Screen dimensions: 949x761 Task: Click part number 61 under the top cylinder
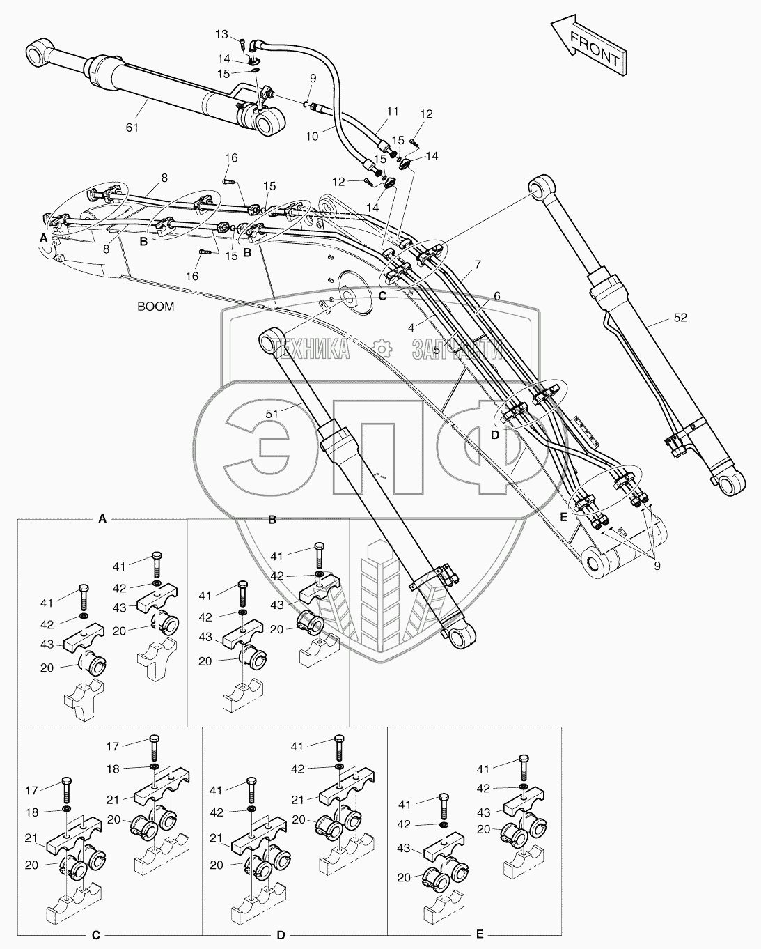pyautogui.click(x=132, y=127)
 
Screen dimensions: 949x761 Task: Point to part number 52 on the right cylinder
pyautogui.click(x=680, y=318)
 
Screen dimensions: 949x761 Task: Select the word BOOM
pyautogui.click(x=155, y=306)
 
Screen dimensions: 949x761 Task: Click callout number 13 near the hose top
pyautogui.click(x=221, y=34)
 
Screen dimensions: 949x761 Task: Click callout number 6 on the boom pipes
pyautogui.click(x=496, y=295)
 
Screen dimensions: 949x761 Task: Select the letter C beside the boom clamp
pyautogui.click(x=382, y=295)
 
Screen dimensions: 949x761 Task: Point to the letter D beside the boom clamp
pyautogui.click(x=495, y=434)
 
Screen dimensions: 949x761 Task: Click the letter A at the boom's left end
pyautogui.click(x=44, y=238)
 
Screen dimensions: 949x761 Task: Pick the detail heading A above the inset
pyautogui.click(x=102, y=518)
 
